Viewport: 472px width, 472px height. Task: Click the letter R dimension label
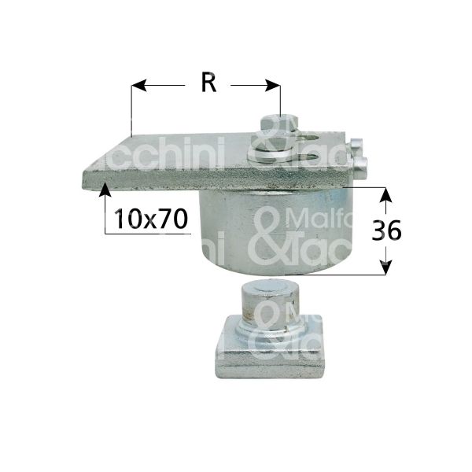tap(208, 82)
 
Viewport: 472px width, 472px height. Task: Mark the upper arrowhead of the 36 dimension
tap(385, 192)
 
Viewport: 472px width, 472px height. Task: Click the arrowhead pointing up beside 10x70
tap(105, 193)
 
